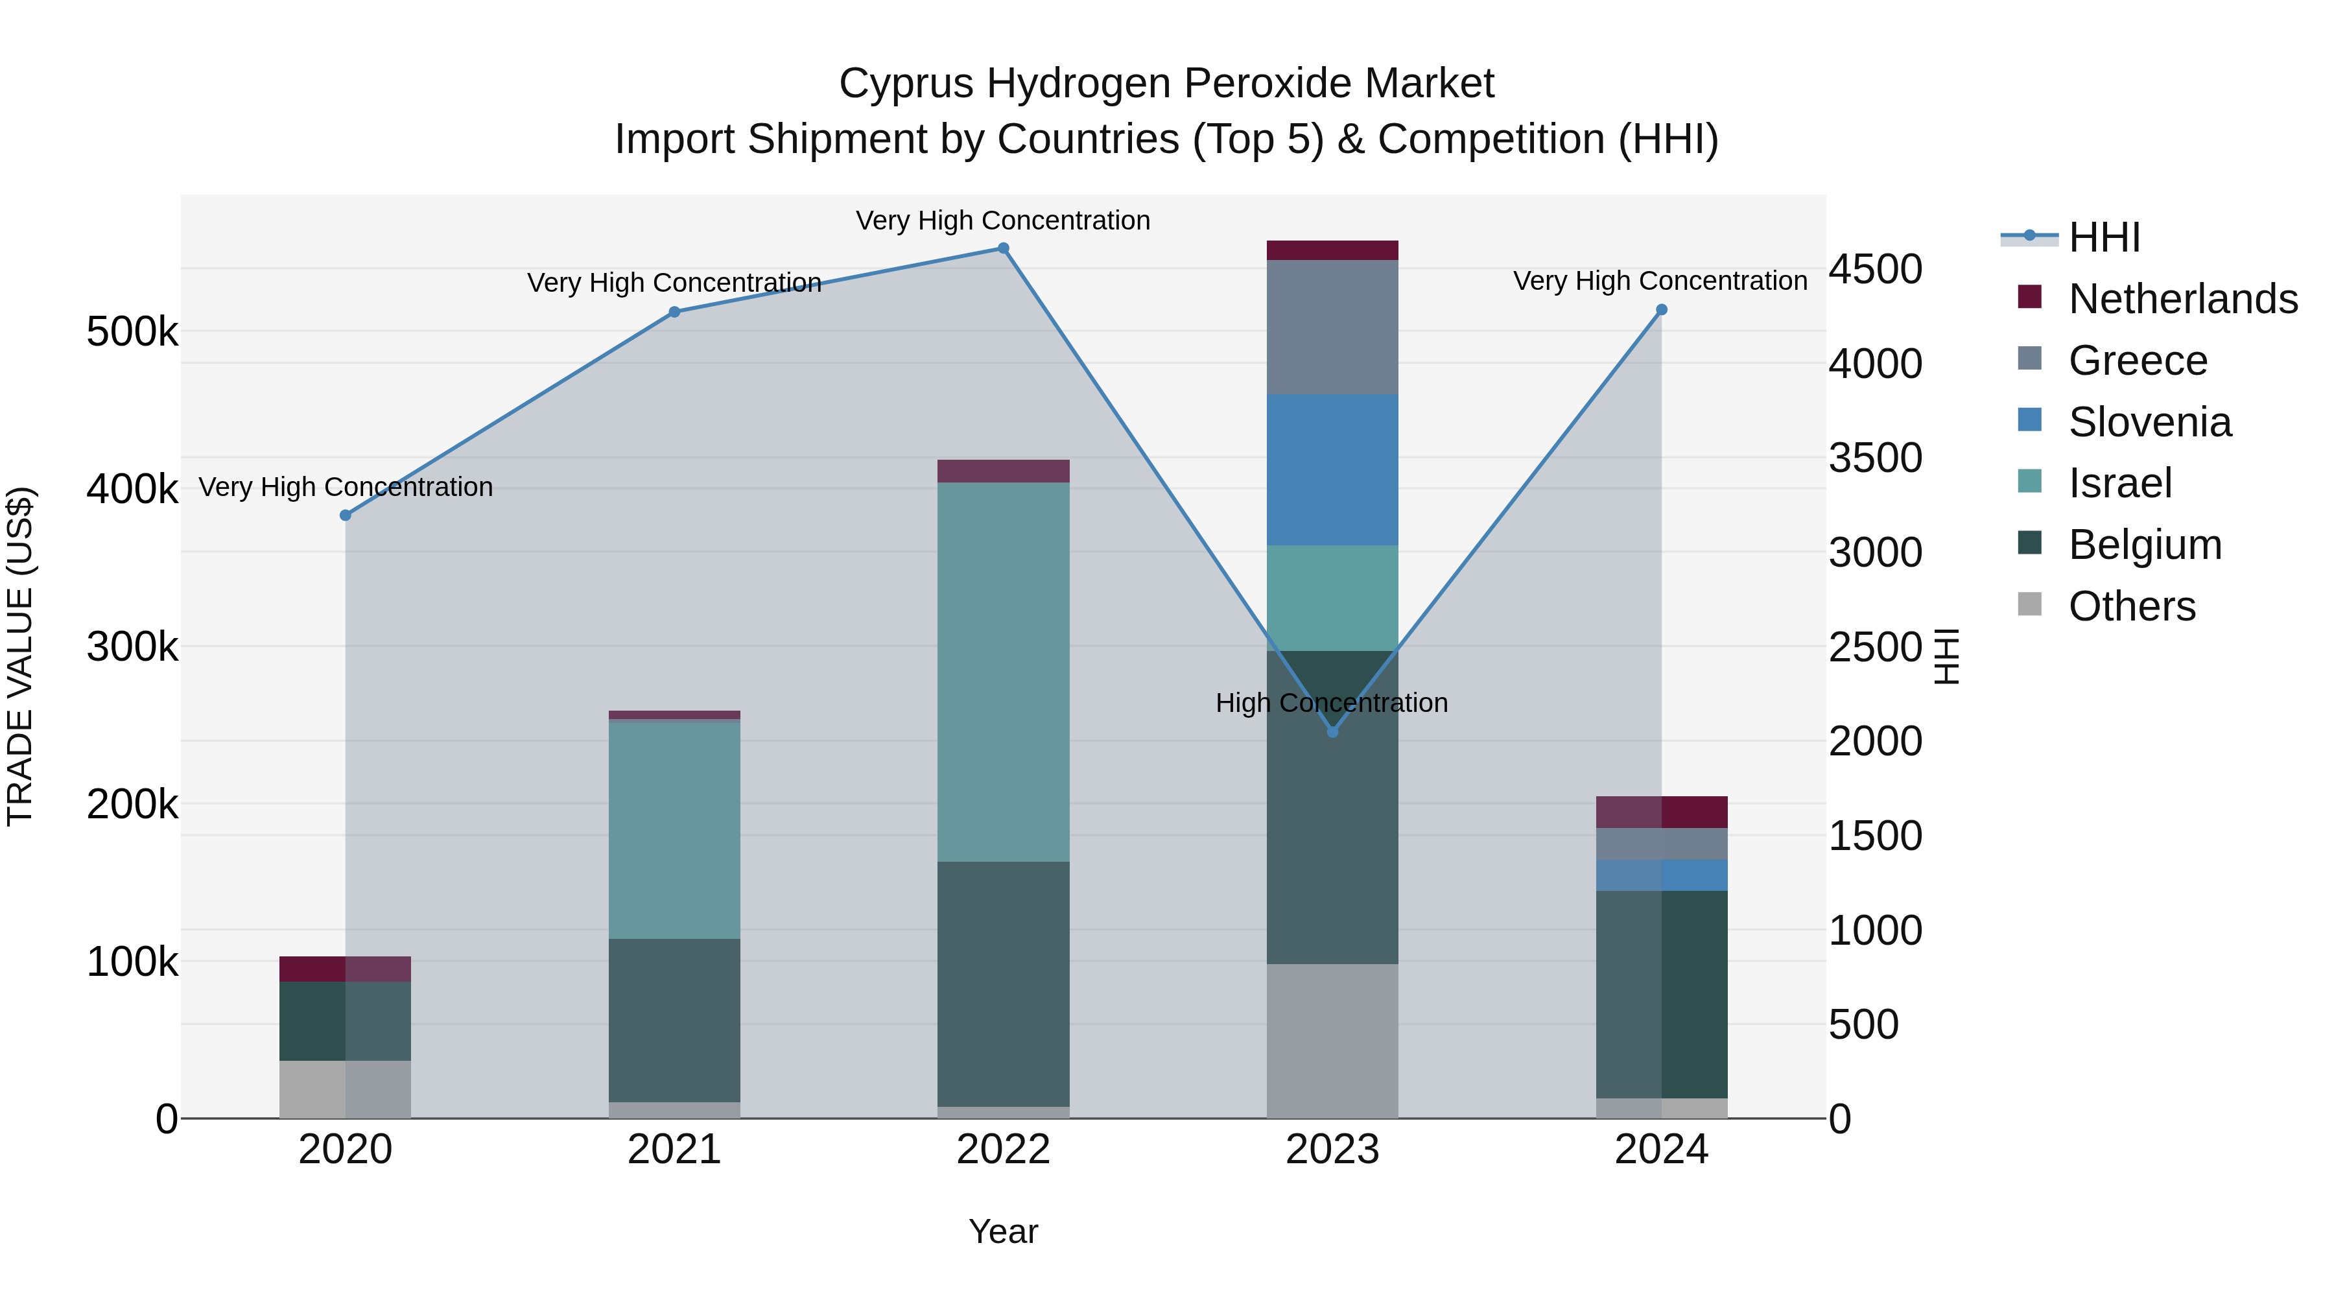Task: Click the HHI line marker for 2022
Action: pos(1003,248)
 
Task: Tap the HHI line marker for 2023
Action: pos(1332,732)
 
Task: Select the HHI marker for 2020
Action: pos(345,515)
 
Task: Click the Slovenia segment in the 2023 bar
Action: pos(1332,469)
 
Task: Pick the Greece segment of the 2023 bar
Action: pos(1332,327)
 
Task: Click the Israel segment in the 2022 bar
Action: pos(1003,672)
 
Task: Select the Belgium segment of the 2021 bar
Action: pos(674,1021)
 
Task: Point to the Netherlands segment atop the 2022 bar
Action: pos(1003,471)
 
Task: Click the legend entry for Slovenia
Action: pos(2149,422)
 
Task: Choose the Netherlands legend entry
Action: pos(2182,299)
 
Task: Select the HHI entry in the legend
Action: pos(2103,237)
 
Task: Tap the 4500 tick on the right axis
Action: pos(1874,269)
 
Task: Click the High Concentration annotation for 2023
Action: pos(1331,703)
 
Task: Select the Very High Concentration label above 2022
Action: pos(1003,220)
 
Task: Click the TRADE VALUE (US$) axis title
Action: pos(21,656)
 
